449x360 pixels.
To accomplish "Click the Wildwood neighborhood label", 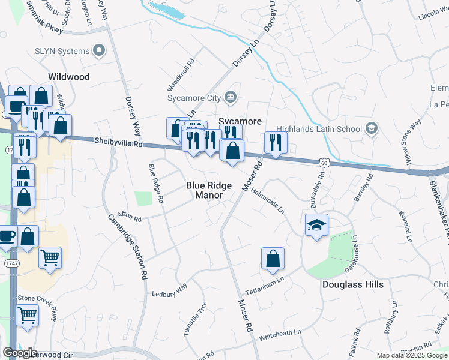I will [x=69, y=77].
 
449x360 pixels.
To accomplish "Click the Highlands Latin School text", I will [x=319, y=129].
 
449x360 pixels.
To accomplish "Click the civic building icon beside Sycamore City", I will [x=231, y=97].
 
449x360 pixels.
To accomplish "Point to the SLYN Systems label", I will [x=62, y=51].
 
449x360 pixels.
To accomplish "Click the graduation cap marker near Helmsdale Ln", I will [x=316, y=225].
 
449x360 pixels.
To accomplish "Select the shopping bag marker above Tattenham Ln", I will [x=273, y=259].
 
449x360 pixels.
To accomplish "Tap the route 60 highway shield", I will [x=324, y=162].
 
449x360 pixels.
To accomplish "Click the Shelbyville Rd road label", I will [x=119, y=142].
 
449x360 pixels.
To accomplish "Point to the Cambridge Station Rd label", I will [x=127, y=247].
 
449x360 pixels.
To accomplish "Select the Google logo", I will [x=20, y=353].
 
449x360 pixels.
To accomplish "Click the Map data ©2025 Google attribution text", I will [x=411, y=355].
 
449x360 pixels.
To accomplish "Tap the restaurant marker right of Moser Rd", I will [x=276, y=143].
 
